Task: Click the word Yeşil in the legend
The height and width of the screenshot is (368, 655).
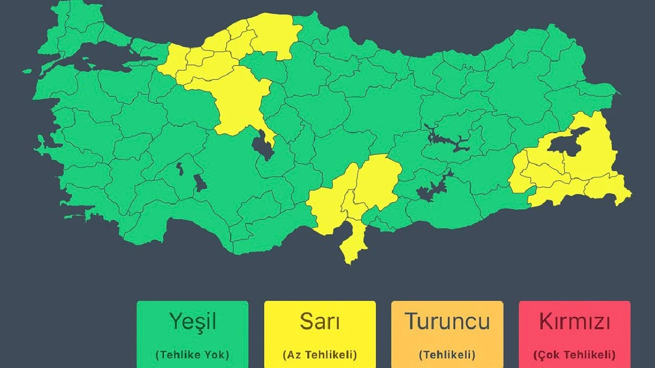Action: [x=192, y=322]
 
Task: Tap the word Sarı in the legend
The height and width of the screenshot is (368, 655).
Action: [x=320, y=322]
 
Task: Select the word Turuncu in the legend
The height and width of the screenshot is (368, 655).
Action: [x=447, y=322]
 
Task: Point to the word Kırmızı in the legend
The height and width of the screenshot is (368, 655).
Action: [x=574, y=322]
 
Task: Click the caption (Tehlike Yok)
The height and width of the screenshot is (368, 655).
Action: [x=192, y=354]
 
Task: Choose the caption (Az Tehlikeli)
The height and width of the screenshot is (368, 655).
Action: [x=320, y=354]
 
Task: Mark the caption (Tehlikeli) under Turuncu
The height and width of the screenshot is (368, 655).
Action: [x=447, y=354]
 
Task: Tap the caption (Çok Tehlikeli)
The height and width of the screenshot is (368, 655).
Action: [x=574, y=354]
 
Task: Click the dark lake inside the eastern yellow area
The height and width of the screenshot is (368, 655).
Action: [x=565, y=144]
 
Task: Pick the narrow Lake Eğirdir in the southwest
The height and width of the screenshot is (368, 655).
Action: [x=180, y=168]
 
